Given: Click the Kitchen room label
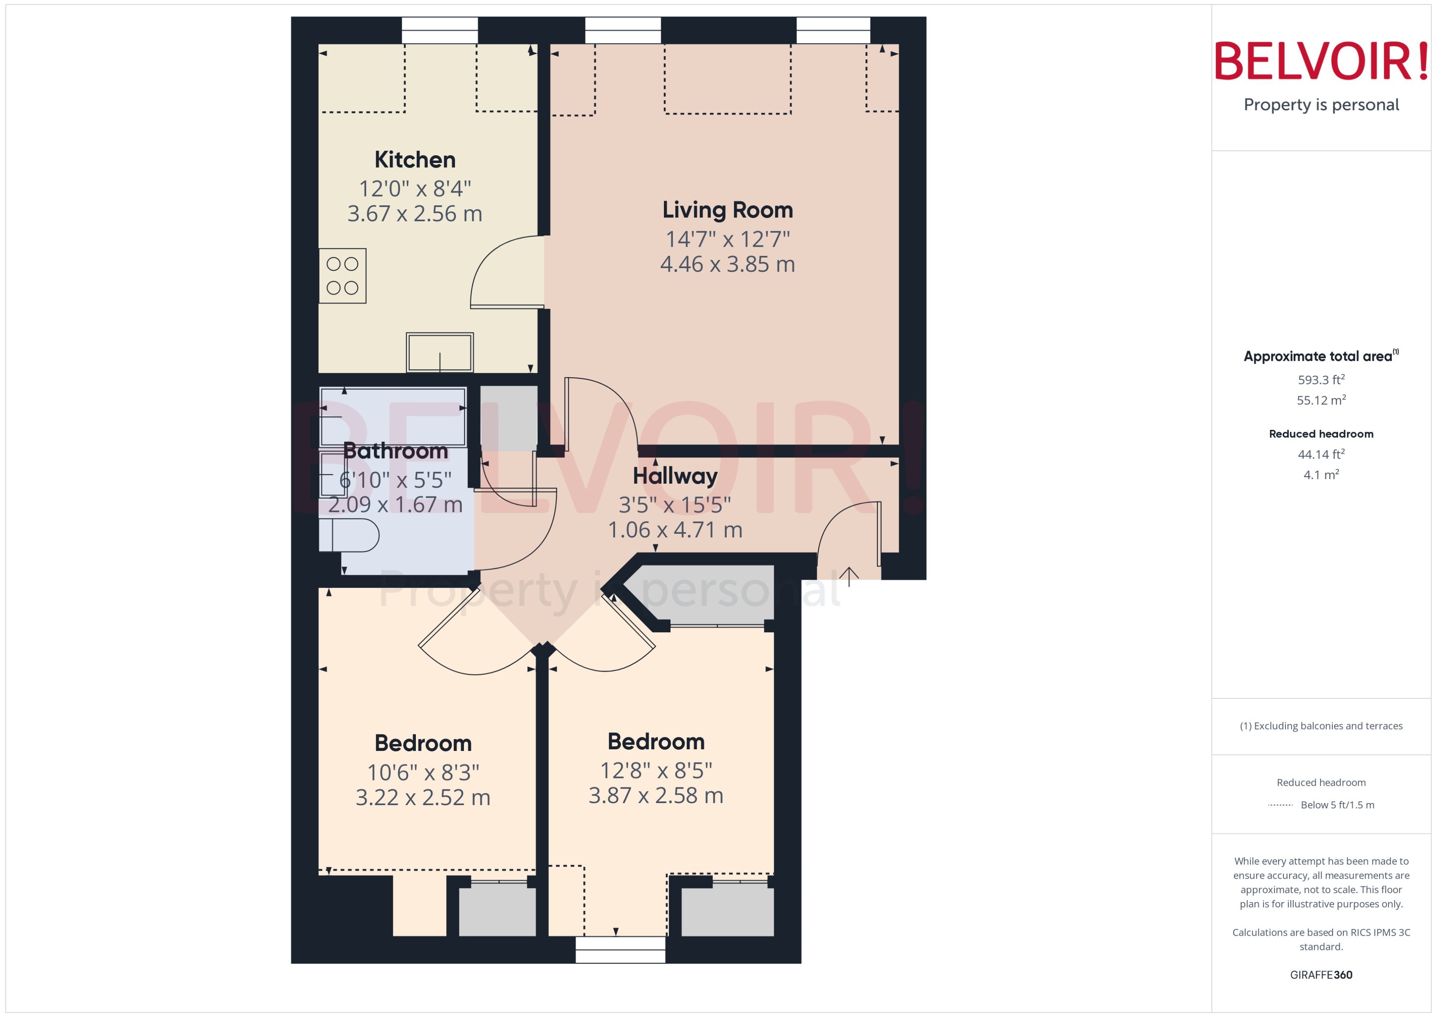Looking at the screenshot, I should coord(415,160).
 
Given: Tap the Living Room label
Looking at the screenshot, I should coord(728,210).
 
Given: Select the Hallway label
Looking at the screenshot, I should coord(675,476).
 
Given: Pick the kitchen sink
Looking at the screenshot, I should coord(440,353).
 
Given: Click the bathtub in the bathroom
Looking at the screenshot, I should coord(393,416).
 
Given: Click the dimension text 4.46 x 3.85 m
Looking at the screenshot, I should coord(728,264).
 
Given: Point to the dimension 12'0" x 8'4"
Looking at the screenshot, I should coord(415,188).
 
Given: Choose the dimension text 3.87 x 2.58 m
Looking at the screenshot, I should coord(656,795).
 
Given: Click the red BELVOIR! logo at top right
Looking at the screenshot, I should coord(1321,61).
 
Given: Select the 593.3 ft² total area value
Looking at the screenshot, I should coord(1321,379).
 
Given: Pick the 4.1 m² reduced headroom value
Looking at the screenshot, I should coord(1321,475).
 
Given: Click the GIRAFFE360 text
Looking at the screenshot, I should coord(1321,975).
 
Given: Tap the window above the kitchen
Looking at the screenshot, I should coord(440,30).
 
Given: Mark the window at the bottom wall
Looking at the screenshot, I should coord(620,949).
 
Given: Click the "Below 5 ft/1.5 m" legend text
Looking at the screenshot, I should coord(1338,805).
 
